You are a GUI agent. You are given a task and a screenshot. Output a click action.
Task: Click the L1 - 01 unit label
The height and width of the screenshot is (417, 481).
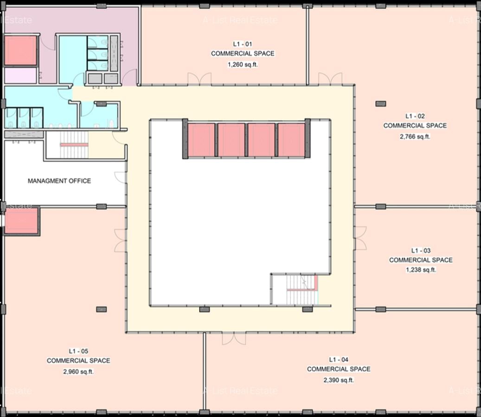coord(243,44)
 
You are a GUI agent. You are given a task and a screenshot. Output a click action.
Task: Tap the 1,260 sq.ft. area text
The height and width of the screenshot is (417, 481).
coord(243,65)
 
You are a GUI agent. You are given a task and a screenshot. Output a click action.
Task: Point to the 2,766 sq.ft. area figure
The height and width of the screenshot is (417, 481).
coord(415,136)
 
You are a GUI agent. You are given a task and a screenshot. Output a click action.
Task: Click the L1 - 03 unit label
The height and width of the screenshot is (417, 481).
coord(421,250)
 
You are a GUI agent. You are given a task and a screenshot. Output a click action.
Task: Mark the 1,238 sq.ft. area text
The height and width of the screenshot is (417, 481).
coord(421,270)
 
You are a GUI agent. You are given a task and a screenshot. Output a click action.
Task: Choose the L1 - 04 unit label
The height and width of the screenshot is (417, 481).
coord(339,360)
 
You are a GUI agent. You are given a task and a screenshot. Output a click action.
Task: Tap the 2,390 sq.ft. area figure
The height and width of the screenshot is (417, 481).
coord(339,380)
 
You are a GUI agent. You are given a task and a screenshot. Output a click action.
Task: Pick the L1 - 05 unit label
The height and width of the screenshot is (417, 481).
coord(78,351)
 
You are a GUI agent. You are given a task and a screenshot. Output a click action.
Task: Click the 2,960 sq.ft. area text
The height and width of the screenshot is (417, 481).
coord(78,371)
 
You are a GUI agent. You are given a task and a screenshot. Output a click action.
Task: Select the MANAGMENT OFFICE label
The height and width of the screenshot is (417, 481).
coord(59,181)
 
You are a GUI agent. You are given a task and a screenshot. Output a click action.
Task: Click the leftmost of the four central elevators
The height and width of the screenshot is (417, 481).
coord(201,140)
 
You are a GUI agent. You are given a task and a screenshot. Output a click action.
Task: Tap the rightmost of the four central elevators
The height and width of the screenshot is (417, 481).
coord(291,140)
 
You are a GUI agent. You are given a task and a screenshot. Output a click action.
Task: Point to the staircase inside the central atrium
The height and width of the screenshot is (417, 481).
coord(295,290)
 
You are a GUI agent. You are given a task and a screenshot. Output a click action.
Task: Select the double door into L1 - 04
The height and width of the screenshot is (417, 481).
coord(234,338)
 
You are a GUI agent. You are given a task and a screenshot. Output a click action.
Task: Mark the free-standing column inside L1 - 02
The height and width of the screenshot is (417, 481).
coord(380,103)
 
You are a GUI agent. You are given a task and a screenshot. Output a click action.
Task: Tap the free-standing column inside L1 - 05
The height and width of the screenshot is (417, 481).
coord(101,309)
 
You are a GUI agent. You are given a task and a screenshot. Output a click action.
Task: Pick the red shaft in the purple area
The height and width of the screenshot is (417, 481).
coord(20,50)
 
